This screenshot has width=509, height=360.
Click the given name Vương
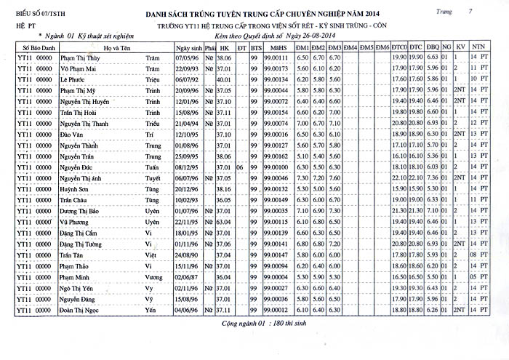click(154, 277)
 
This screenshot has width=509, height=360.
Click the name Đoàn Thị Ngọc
click(84, 311)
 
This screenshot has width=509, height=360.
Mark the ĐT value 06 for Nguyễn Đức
click(239, 167)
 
